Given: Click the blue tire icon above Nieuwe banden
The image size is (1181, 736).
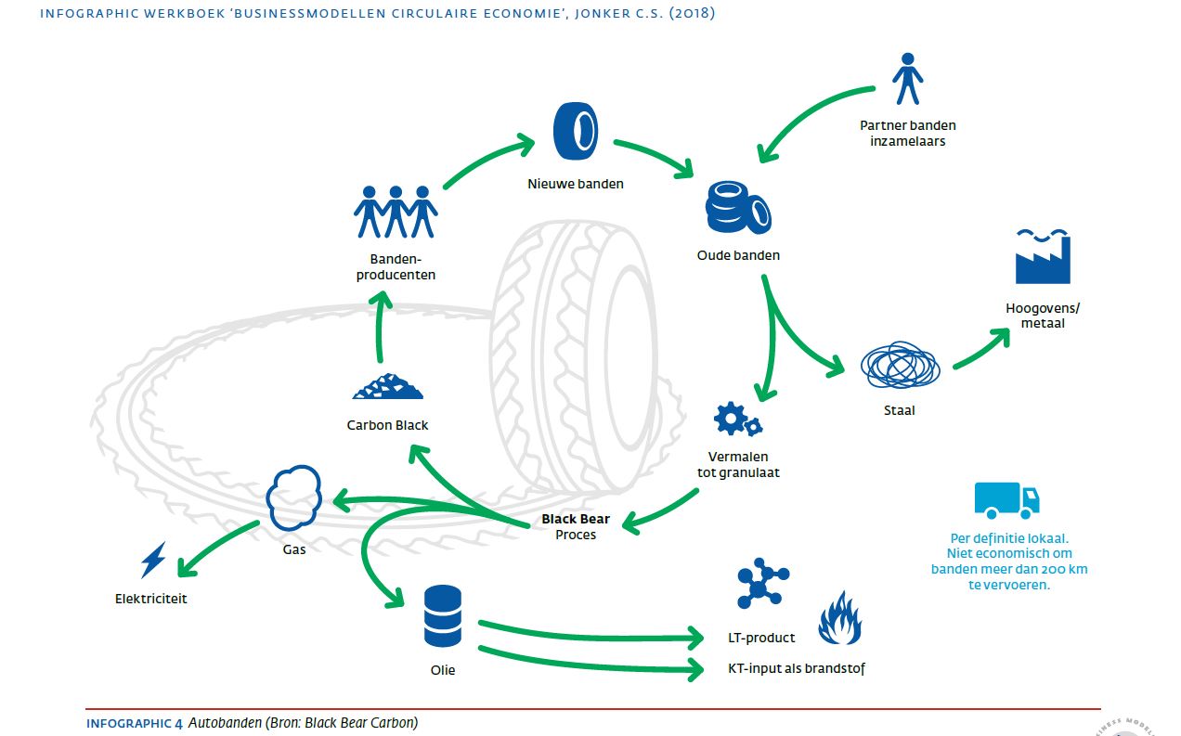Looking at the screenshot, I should tap(575, 132).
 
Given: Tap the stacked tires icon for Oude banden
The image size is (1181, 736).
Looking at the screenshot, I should tap(737, 209).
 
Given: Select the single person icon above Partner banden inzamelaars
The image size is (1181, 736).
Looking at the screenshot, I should tap(907, 78).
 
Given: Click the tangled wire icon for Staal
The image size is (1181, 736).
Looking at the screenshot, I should tap(900, 367).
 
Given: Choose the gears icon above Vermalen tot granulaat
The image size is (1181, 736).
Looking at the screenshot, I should tap(738, 420).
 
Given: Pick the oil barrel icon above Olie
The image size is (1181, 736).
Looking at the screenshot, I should tap(443, 616).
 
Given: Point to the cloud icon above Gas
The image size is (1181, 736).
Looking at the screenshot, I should tap(294, 497).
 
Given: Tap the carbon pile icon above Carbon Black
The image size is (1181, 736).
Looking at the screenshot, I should tap(388, 388).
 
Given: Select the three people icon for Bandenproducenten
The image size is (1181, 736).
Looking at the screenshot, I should tap(396, 213).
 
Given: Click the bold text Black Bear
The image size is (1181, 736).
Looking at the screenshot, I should tap(576, 519).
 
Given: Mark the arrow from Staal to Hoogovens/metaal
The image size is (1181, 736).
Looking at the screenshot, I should tap(980, 347).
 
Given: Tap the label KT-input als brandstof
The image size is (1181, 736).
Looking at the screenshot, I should tap(797, 668).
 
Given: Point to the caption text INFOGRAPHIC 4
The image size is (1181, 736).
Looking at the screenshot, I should tap(135, 722).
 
